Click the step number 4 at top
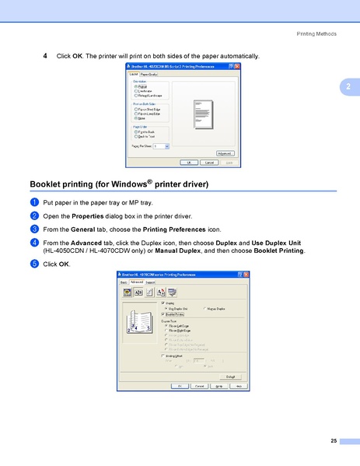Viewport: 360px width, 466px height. pyautogui.click(x=45, y=56)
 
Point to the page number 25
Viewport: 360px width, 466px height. pyautogui.click(x=333, y=442)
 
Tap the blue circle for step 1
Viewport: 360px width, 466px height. pyautogui.click(x=34, y=201)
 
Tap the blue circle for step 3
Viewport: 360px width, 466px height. pyautogui.click(x=34, y=229)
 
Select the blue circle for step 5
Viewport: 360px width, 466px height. pyautogui.click(x=34, y=265)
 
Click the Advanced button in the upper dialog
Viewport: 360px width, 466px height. pyautogui.click(x=225, y=154)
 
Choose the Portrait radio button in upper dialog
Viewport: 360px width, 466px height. pyautogui.click(x=136, y=86)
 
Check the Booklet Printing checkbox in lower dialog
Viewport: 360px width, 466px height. pyautogui.click(x=163, y=314)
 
